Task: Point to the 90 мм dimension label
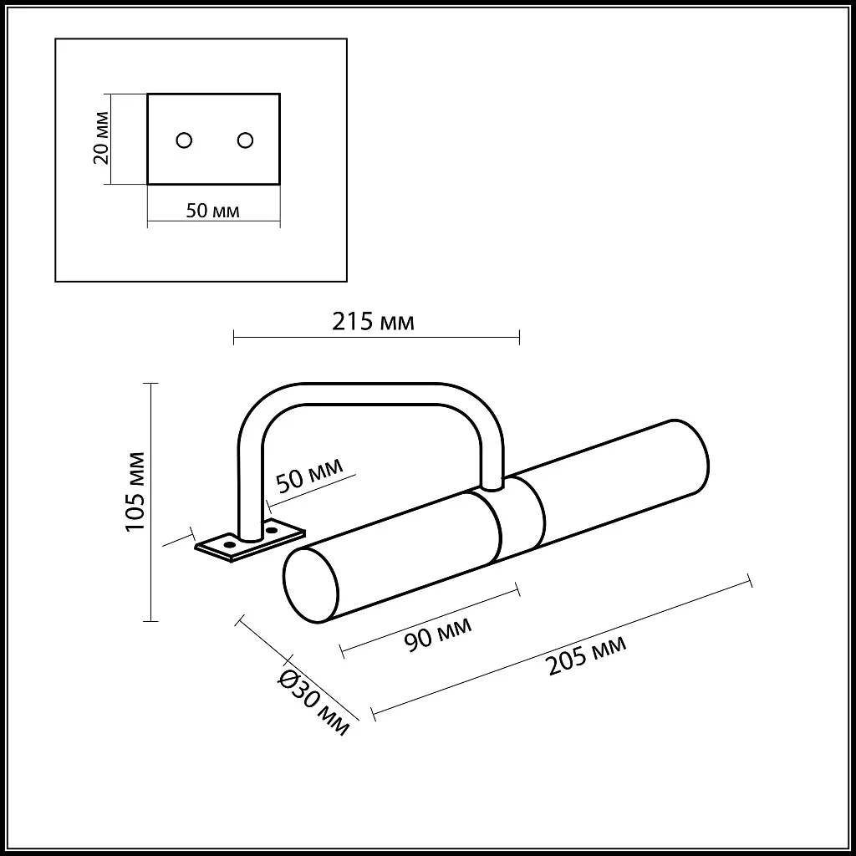tap(437, 632)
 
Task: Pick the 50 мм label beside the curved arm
tap(309, 479)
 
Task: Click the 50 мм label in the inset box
tap(212, 211)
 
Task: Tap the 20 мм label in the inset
tap(99, 139)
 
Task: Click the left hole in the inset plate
tap(185, 140)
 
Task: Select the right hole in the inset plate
tap(244, 140)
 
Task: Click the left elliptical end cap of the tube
tap(311, 586)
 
